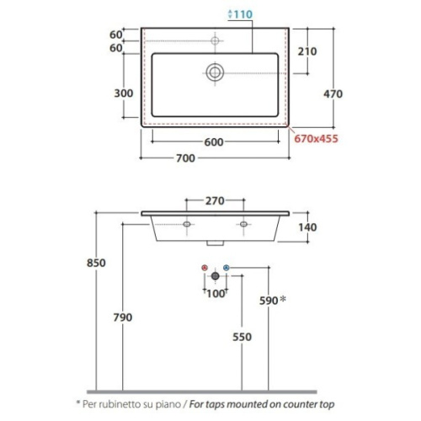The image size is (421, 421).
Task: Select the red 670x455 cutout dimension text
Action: [316, 139]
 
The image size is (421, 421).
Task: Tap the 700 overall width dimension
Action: [185, 158]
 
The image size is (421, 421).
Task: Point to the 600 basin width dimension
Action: [214, 142]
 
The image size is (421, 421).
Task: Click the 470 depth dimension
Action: [333, 93]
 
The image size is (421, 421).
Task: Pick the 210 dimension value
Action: [307, 51]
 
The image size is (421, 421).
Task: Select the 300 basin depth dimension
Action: [124, 93]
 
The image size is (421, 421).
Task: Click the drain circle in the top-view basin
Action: [215, 72]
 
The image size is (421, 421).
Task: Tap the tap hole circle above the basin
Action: [215, 41]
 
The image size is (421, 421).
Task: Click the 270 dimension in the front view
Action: [215, 201]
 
